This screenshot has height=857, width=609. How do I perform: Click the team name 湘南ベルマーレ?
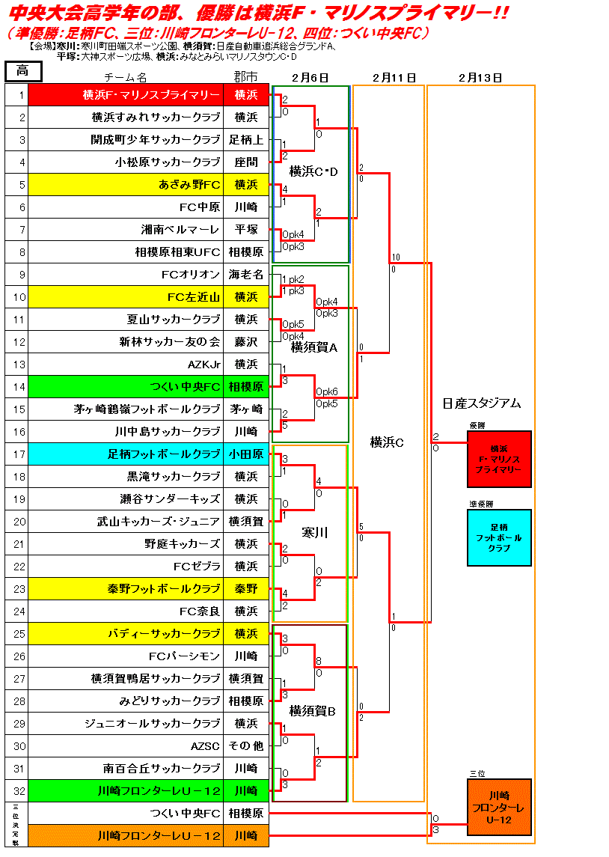pyautogui.click(x=180, y=230)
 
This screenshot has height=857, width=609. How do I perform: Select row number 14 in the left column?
pyautogui.click(x=22, y=387)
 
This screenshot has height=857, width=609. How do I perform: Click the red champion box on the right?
pyautogui.click(x=499, y=459)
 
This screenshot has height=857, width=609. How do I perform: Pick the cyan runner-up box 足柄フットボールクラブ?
pyautogui.click(x=499, y=537)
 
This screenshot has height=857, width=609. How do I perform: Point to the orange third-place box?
pyautogui.click(x=499, y=807)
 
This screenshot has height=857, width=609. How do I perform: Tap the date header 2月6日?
pyautogui.click(x=310, y=77)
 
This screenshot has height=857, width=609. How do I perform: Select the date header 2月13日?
pyautogui.click(x=480, y=77)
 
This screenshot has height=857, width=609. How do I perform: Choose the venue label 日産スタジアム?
pyautogui.click(x=481, y=403)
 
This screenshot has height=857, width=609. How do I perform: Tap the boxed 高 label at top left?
pyautogui.click(x=22, y=71)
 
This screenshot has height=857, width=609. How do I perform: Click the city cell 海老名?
pyautogui.click(x=246, y=275)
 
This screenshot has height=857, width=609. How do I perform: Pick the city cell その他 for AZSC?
pyautogui.click(x=246, y=746)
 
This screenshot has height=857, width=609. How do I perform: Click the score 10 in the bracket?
pyautogui.click(x=396, y=257)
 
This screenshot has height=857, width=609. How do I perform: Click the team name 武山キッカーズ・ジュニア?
pyautogui.click(x=159, y=522)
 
